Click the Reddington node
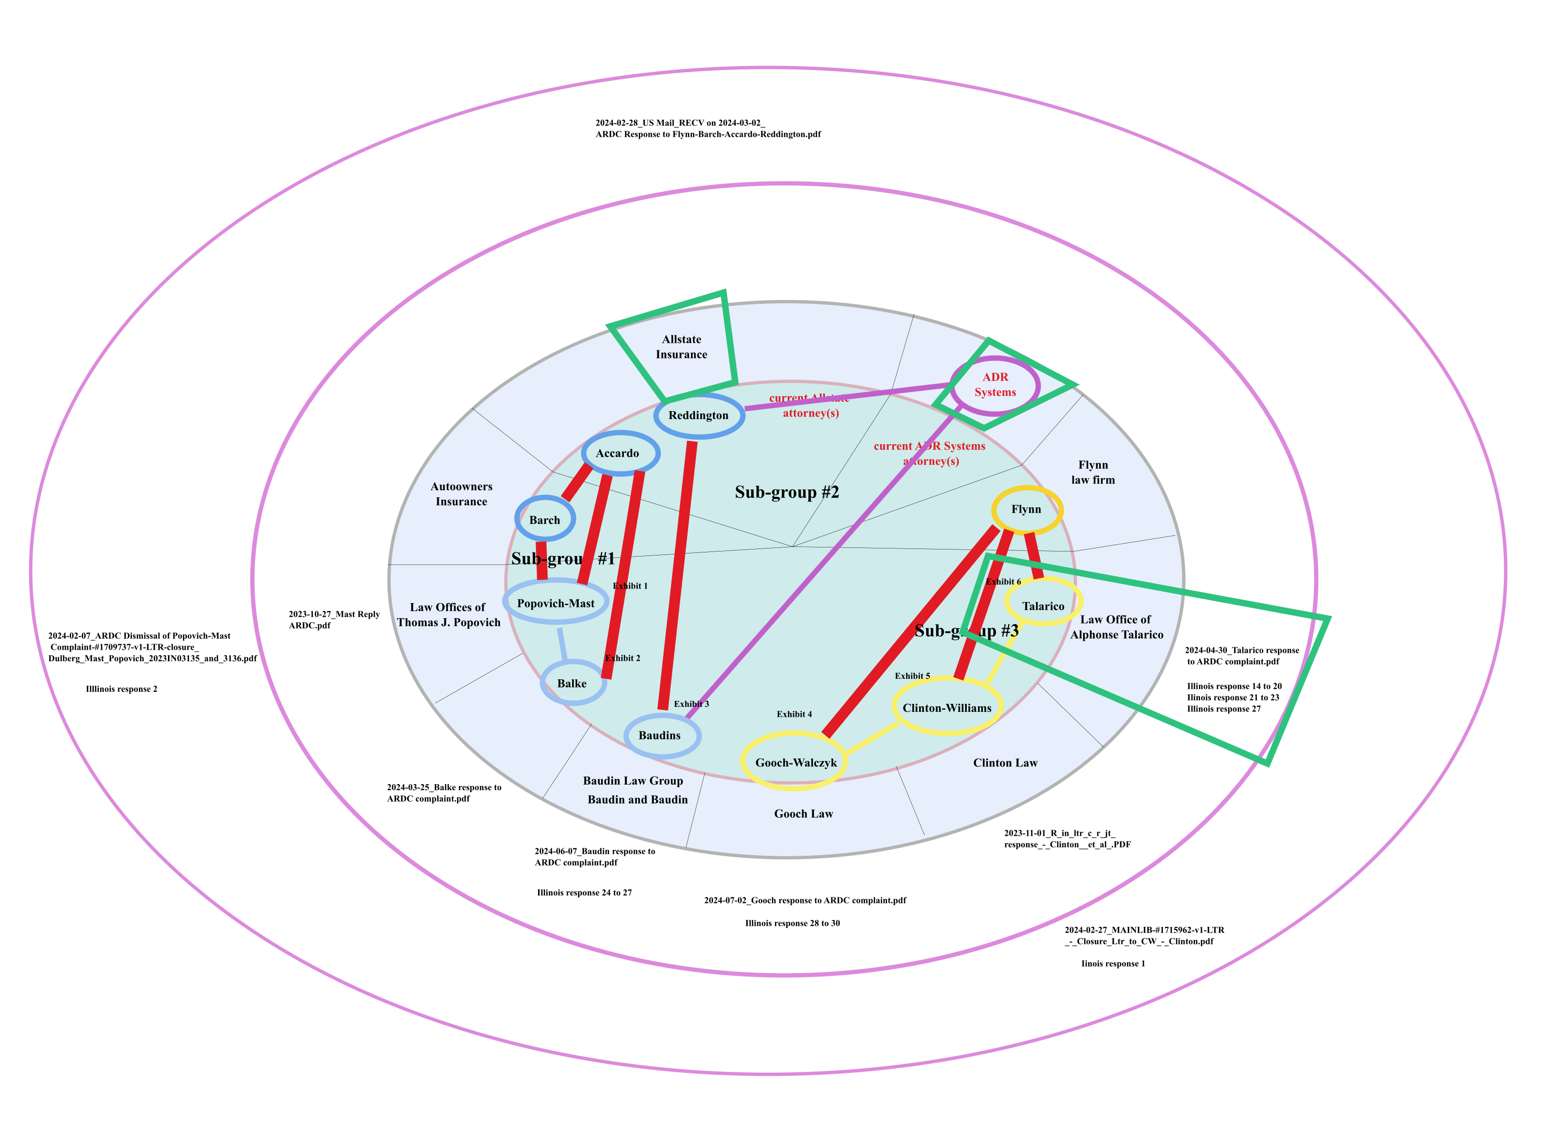point(699,416)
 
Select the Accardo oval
point(620,453)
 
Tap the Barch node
point(545,520)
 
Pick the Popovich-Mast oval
point(556,603)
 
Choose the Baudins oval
point(661,735)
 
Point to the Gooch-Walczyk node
point(795,763)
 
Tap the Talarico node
point(1043,606)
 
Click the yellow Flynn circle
point(1026,509)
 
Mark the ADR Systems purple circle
point(995,385)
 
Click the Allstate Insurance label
point(681,347)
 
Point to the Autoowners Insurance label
point(461,494)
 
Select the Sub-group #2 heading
point(787,492)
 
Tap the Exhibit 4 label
point(794,714)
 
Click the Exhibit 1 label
point(630,586)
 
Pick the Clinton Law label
point(1004,763)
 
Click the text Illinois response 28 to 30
point(792,923)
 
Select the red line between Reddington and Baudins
point(677,575)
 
